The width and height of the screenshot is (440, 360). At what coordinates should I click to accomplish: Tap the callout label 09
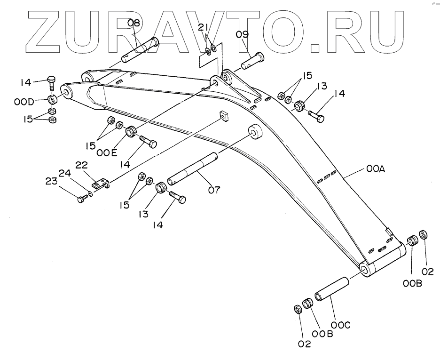coord(242,34)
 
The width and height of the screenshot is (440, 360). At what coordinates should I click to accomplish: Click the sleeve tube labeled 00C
coord(331,290)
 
